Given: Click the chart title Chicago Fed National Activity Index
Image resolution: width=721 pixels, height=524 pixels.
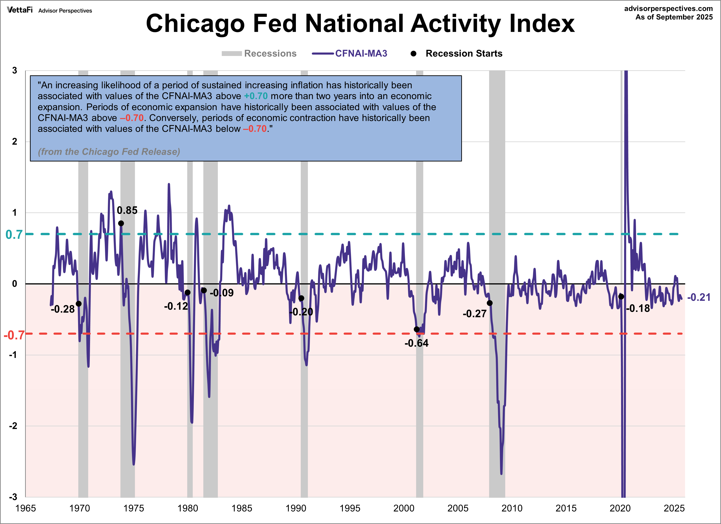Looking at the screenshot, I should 360,24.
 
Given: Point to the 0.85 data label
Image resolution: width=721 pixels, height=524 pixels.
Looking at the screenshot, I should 127,210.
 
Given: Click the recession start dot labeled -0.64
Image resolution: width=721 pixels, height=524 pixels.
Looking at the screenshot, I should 416,329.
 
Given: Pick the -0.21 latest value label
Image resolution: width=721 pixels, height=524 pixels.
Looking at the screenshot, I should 699,297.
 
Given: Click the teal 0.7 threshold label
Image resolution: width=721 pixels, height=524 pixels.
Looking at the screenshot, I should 14,235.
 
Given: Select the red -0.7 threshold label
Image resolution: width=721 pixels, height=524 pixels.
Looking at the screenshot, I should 14,335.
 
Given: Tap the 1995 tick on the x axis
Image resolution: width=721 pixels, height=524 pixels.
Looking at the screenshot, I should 350,508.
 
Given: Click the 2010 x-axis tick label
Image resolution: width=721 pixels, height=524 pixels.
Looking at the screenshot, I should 512,508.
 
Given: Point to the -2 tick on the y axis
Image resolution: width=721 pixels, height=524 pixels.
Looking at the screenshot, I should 13,426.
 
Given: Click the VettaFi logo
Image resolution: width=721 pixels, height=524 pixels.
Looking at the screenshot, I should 20,10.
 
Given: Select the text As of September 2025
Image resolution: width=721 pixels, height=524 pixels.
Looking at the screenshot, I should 674,17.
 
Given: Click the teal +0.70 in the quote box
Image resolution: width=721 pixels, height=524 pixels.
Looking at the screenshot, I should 256,96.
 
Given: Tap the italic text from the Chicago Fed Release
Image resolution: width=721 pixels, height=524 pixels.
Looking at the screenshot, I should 109,152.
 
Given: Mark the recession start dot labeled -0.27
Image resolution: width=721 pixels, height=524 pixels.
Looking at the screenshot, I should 490,303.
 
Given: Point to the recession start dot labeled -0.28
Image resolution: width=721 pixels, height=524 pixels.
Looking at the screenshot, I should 79,304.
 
